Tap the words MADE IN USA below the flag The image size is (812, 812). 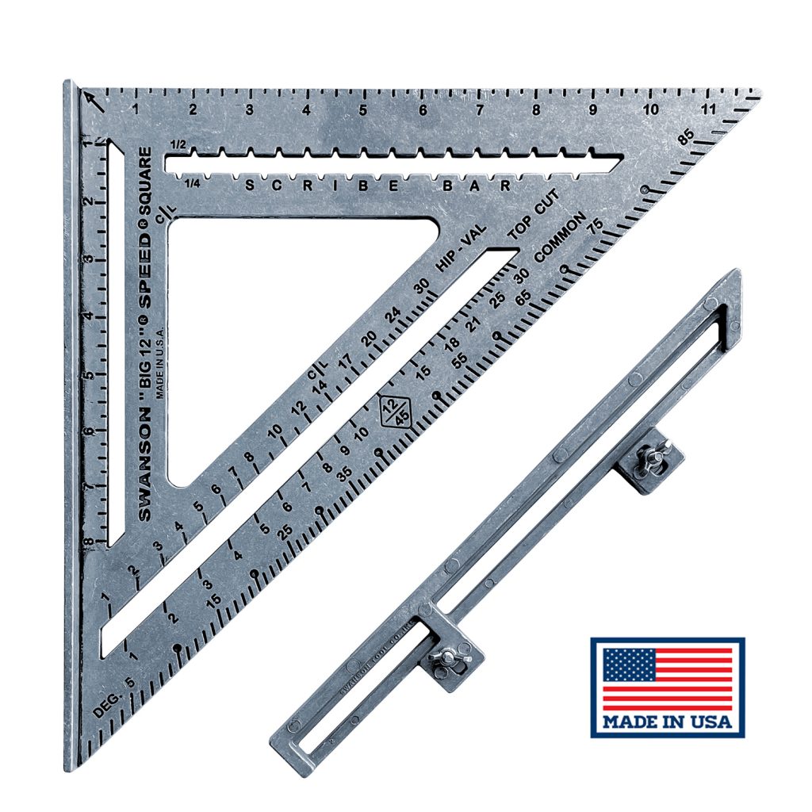[667, 722]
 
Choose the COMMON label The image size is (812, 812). [561, 237]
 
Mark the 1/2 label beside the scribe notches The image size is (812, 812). [178, 145]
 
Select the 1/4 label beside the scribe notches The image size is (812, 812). [191, 184]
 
